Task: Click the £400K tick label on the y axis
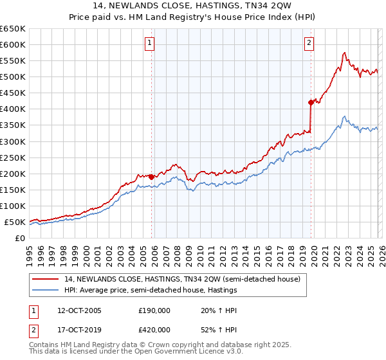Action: click(13, 109)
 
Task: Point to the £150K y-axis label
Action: click(13, 190)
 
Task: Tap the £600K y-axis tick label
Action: click(13, 45)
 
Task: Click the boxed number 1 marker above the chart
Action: click(149, 43)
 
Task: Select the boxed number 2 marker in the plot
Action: click(309, 43)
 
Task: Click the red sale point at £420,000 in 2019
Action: click(311, 102)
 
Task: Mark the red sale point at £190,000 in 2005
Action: click(152, 177)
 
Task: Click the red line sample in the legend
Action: click(46, 279)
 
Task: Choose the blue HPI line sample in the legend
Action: click(46, 290)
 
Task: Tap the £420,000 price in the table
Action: click(154, 329)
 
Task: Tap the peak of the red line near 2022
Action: click(345, 53)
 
